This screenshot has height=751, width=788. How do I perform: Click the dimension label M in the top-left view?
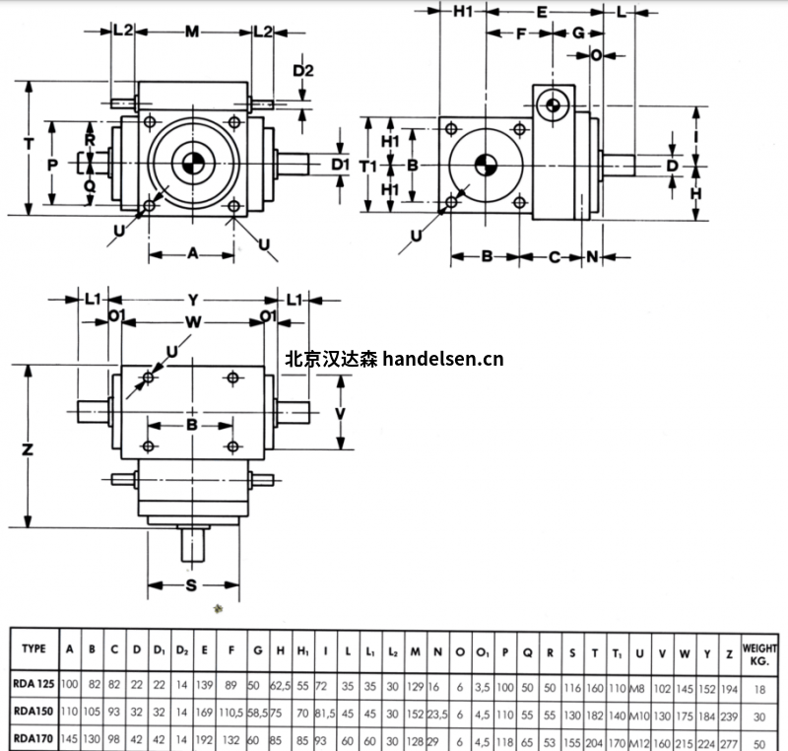click(x=192, y=31)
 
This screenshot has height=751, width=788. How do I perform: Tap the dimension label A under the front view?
click(x=193, y=253)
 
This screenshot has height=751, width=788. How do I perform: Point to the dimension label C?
click(x=554, y=257)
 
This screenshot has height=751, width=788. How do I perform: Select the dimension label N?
click(x=592, y=257)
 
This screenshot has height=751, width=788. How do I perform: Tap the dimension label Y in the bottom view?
click(x=193, y=298)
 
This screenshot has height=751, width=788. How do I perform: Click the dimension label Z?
click(x=29, y=449)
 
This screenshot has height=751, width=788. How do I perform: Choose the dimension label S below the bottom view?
click(x=192, y=585)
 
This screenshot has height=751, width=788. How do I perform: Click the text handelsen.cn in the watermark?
click(x=442, y=359)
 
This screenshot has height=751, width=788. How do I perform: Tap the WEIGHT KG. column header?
click(x=758, y=653)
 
